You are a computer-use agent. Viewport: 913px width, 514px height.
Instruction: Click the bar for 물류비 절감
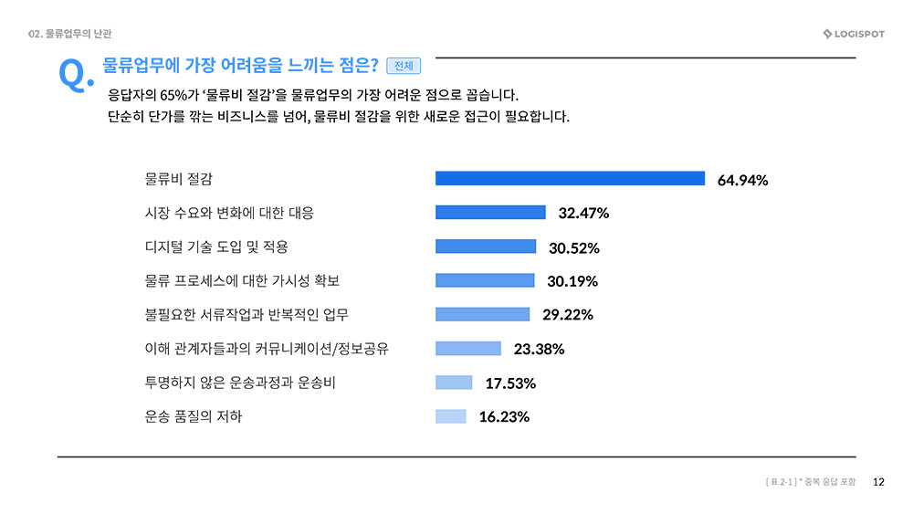tap(570, 178)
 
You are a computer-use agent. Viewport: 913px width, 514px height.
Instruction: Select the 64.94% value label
tap(742, 180)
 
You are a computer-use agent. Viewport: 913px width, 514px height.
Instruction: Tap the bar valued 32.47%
tap(490, 212)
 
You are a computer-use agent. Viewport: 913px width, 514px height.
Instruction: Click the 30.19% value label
tap(572, 281)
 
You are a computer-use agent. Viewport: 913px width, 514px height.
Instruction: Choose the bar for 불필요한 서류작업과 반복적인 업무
tap(482, 314)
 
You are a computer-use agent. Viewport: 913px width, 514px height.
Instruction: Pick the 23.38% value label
tap(539, 349)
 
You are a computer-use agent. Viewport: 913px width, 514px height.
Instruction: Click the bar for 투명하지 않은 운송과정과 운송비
tap(454, 383)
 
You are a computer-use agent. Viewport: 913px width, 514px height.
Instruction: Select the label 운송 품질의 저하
tap(194, 416)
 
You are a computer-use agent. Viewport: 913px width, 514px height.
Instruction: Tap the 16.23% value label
tap(504, 417)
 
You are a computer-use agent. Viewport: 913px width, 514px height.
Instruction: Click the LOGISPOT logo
tap(853, 35)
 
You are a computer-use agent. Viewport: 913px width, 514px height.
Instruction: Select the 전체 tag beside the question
tap(404, 66)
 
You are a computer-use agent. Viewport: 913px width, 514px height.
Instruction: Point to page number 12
tap(879, 481)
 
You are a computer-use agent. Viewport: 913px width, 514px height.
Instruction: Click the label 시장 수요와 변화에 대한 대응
tap(229, 213)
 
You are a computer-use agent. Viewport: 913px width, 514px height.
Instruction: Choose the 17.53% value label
tap(509, 383)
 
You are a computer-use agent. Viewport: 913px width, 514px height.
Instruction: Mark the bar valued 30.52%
tap(486, 246)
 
